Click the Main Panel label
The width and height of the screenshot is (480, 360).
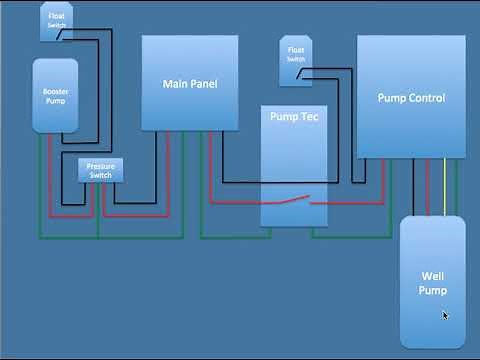click(x=189, y=83)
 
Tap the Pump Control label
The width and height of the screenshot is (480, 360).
click(x=411, y=98)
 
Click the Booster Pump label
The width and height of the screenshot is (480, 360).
click(x=56, y=97)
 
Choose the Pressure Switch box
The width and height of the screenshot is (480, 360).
click(x=100, y=170)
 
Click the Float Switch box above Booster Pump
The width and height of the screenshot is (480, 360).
click(x=55, y=21)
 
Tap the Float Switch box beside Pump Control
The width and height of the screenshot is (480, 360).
click(x=295, y=54)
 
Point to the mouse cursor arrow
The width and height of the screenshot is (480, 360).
click(x=445, y=316)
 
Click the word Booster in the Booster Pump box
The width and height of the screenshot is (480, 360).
click(x=56, y=92)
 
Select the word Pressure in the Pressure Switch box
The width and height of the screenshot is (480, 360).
click(x=100, y=166)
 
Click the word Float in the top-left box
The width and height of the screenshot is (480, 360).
click(x=55, y=15)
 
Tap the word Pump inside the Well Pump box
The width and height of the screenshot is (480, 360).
click(x=432, y=290)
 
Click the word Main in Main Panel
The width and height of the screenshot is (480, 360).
click(x=175, y=83)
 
